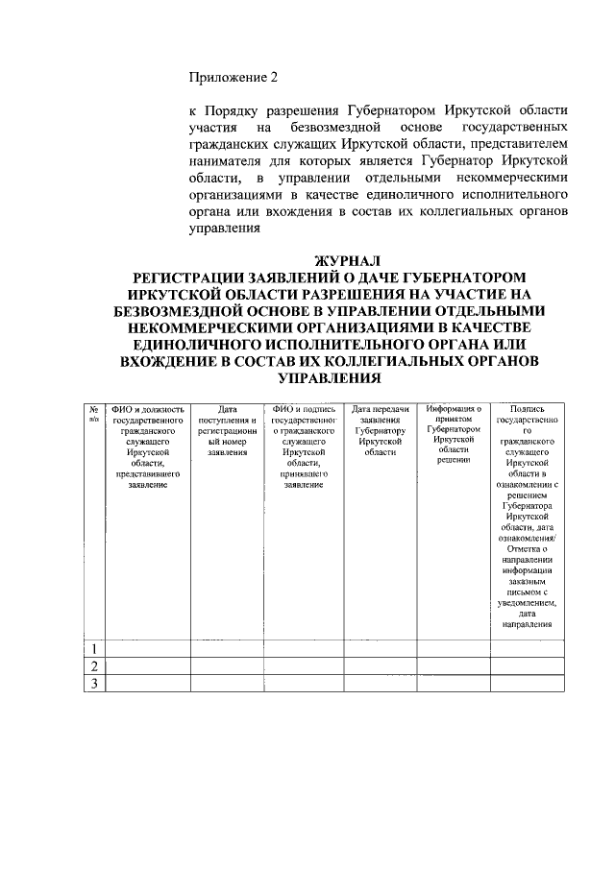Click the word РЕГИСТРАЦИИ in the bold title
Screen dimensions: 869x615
[199, 277]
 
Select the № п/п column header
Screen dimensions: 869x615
[94, 414]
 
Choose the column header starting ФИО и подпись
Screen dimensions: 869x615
[303, 447]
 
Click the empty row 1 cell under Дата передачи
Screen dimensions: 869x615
[380, 648]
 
